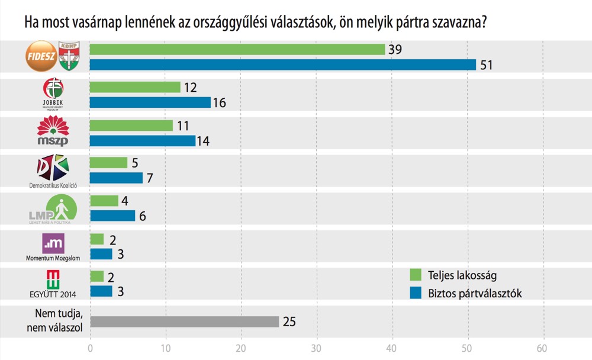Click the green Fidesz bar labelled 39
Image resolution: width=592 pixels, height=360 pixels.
237,50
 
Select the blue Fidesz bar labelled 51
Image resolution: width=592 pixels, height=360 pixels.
282,65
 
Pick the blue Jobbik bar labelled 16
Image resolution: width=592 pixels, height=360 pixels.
150,102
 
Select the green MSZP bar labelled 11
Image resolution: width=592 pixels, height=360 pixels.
131,126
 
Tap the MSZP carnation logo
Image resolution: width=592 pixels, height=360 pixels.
53,131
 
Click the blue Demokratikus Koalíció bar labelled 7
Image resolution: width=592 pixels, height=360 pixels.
116,178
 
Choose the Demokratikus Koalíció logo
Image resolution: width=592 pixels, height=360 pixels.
53,168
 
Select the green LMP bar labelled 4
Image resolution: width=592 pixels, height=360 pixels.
104,201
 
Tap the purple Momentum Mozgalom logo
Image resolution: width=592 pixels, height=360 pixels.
53,243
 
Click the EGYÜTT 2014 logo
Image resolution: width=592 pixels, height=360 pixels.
53,279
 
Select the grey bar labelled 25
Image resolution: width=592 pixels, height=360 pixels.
184,322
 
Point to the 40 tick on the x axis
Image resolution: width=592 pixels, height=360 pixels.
392,348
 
